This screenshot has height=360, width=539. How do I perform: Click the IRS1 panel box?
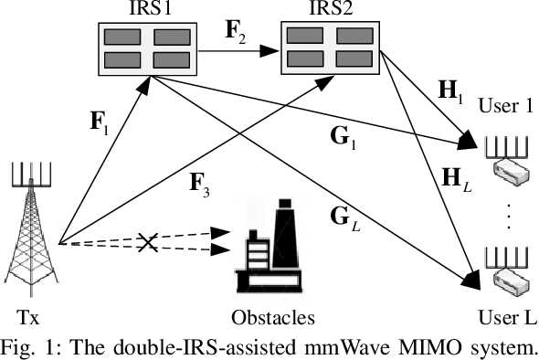pyautogui.click(x=139, y=48)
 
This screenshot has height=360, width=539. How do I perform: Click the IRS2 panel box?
pyautogui.click(x=327, y=48)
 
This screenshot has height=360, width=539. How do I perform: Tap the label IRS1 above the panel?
pyautogui.click(x=139, y=8)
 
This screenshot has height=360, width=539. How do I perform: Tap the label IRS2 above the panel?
pyautogui.click(x=327, y=8)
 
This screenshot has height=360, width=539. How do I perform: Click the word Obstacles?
pyautogui.click(x=271, y=318)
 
